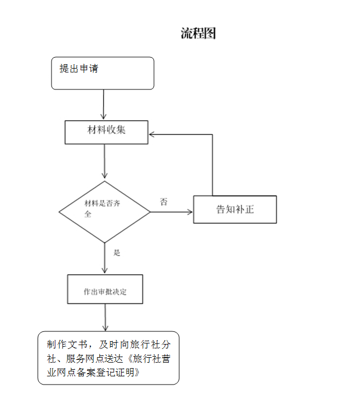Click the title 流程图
198,33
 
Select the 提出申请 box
102,73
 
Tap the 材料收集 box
106,132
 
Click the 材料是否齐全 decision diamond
104,212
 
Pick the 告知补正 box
235,209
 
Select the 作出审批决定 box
105,289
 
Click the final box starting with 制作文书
108,358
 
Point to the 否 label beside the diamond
164,202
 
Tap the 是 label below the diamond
117,253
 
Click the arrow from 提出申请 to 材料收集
104,104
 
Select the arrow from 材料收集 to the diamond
104,162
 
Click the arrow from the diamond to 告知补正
172,212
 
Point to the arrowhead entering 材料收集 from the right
153,134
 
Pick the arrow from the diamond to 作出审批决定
104,258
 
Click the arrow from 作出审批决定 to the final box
105,317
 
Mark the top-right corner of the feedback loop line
212,134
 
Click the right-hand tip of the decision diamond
150,212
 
